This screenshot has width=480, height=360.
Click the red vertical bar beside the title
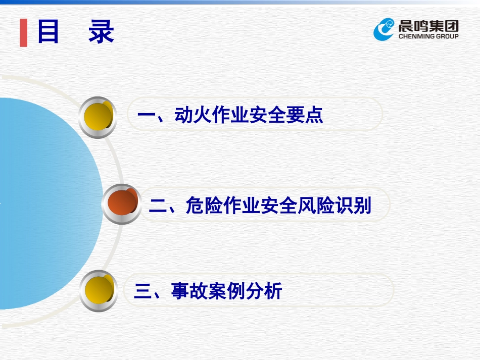23,33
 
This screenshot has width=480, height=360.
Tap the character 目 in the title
48,32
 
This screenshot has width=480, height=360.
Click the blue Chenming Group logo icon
384,29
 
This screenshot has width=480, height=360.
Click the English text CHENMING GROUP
428,36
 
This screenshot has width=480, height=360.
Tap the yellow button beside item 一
98,117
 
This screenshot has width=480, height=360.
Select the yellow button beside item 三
99,290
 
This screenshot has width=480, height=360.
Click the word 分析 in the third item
264,291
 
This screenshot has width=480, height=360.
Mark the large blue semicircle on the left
40,202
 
